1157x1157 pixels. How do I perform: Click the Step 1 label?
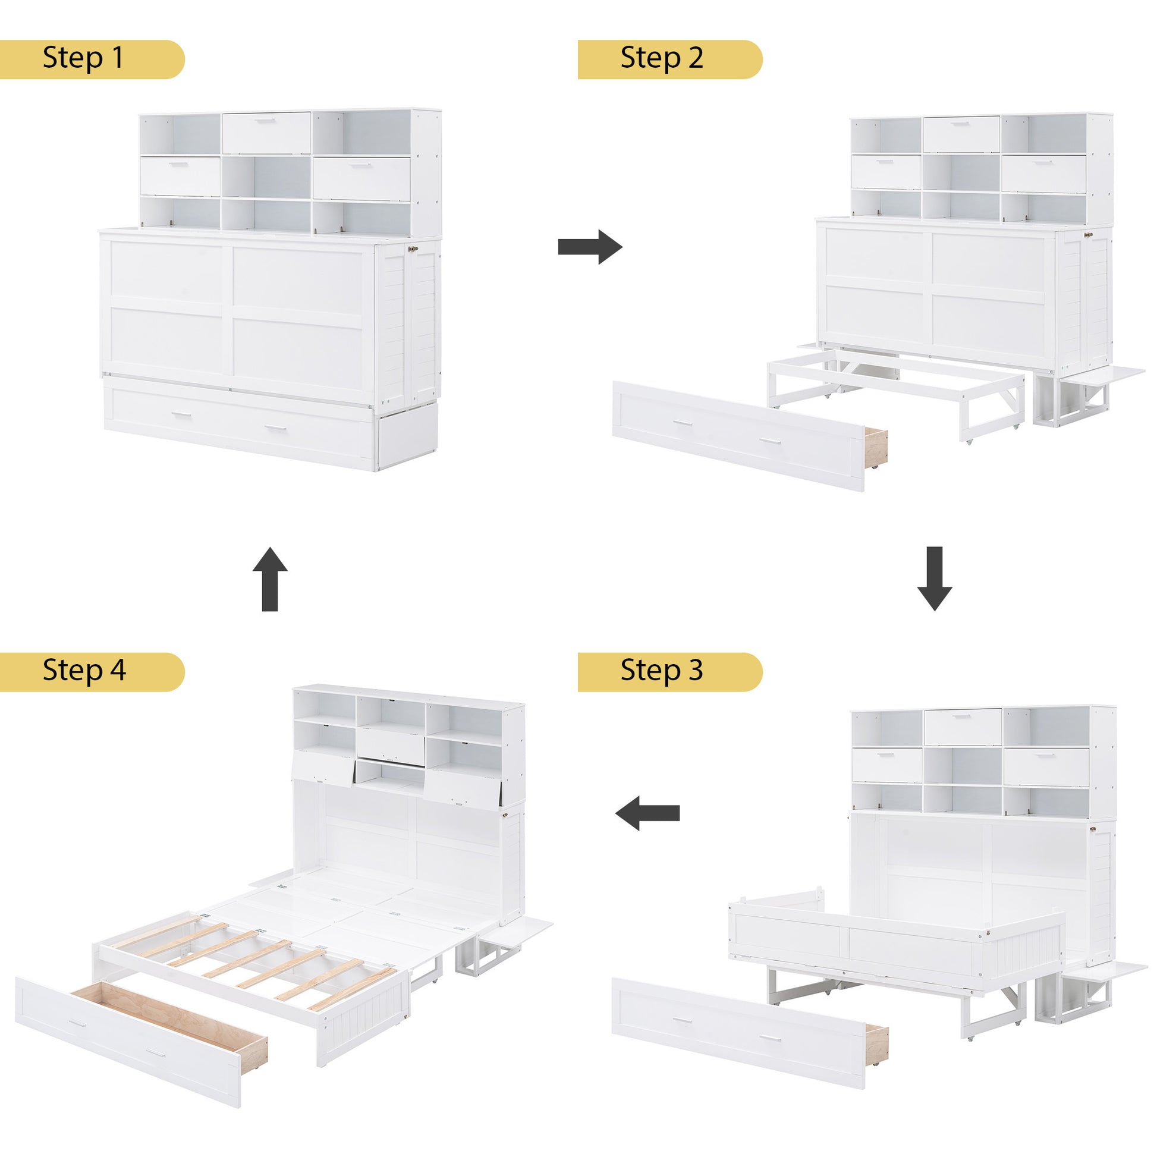84,59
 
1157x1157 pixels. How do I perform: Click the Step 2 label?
661,59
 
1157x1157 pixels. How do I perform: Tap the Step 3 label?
661,671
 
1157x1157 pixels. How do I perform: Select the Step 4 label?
84,671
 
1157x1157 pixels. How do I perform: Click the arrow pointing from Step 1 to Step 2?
590,246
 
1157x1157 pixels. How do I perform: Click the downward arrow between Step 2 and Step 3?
934,578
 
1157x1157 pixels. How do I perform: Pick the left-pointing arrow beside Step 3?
647,813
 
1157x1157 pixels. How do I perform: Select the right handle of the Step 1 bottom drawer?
275,428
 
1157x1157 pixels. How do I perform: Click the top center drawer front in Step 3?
963,727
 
